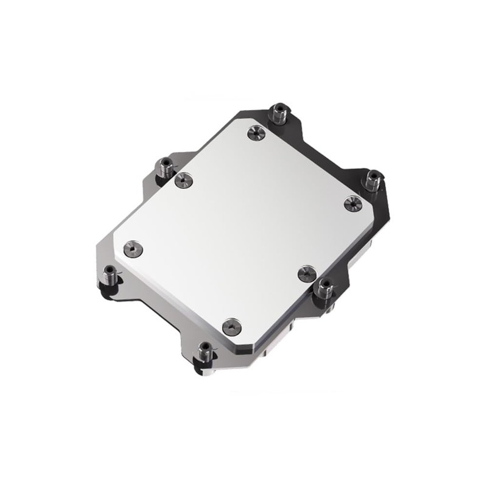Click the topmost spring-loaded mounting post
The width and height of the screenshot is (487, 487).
point(279,114)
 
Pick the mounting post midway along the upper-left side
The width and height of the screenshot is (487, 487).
point(165,166)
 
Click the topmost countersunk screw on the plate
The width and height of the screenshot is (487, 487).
point(256,133)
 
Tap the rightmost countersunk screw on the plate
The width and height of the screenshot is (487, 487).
point(352,203)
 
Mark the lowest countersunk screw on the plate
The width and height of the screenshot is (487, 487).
point(231,327)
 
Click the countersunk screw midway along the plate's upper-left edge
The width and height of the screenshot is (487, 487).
point(183,180)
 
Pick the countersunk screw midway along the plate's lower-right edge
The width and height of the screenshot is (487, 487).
point(307,273)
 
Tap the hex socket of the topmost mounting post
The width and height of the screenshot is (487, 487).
point(279,108)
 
